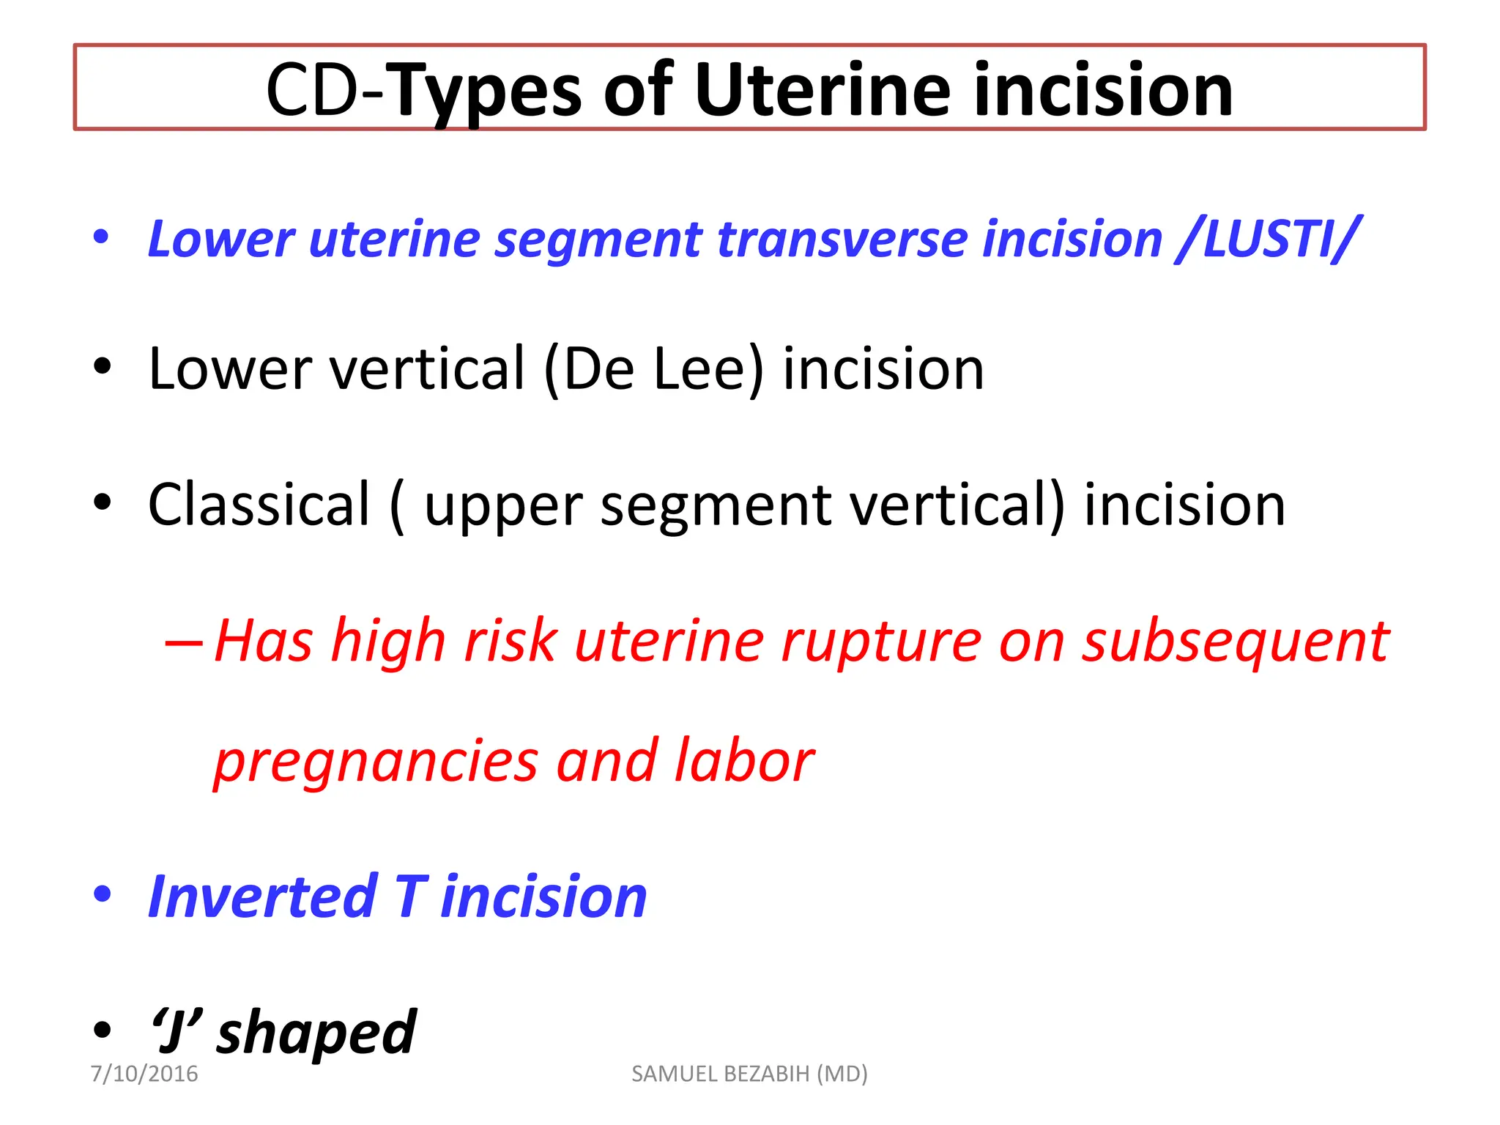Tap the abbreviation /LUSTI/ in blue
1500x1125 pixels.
[x=1266, y=239]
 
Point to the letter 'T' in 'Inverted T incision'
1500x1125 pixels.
[x=410, y=896]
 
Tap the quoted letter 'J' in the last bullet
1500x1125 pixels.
[x=174, y=1031]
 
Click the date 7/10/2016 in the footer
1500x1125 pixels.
[x=144, y=1074]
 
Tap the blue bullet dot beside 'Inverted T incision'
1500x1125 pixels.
[x=103, y=894]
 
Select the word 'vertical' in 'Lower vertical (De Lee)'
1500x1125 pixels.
[x=428, y=369]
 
